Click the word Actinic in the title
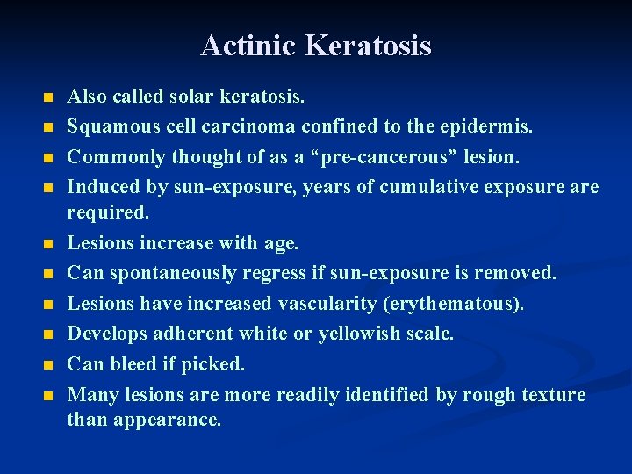tap(243, 45)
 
